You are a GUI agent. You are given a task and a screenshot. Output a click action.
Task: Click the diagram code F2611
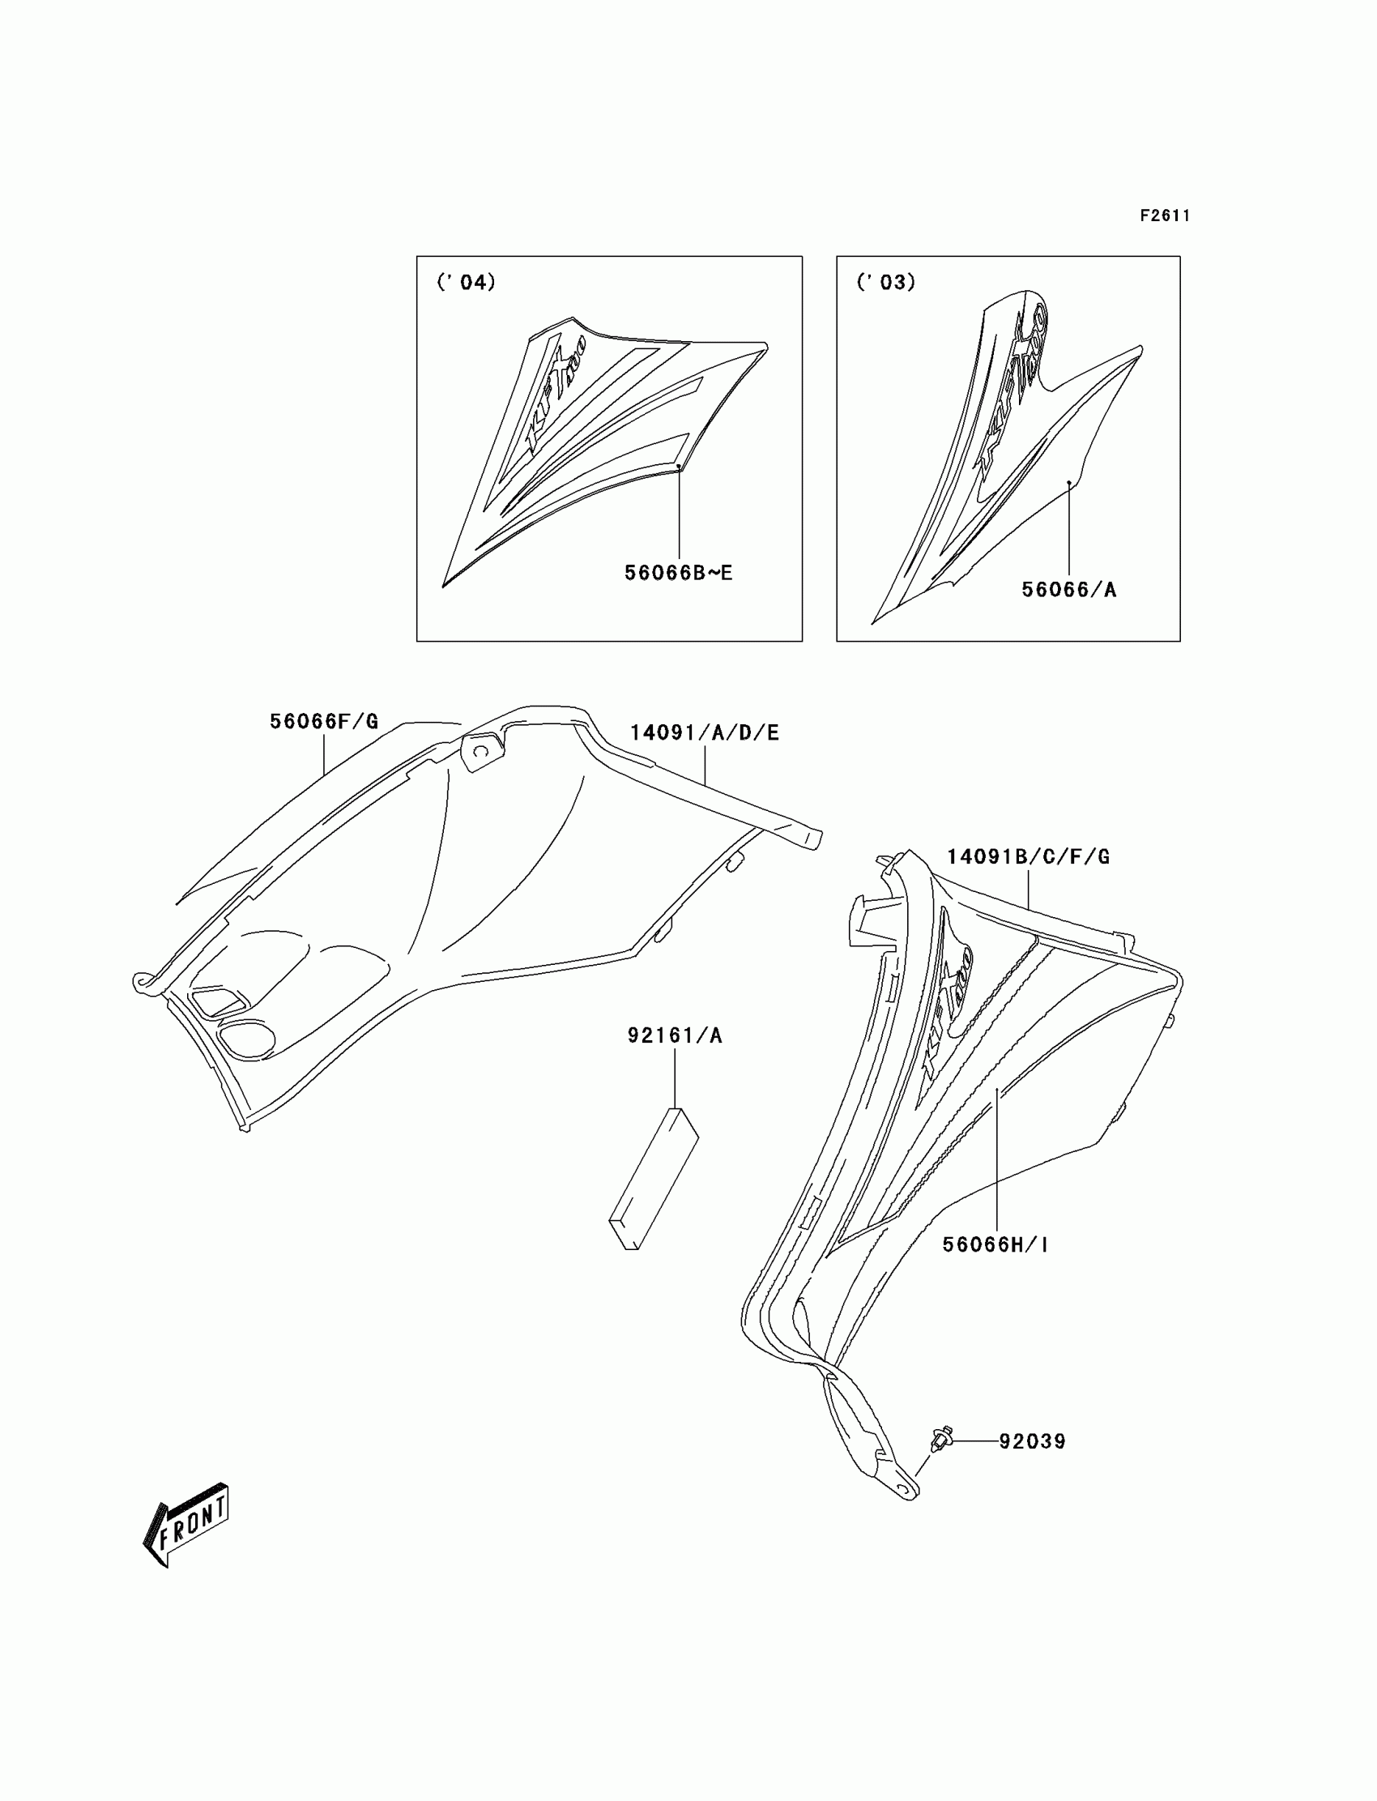(1165, 216)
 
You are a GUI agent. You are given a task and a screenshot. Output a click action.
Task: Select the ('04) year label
(467, 282)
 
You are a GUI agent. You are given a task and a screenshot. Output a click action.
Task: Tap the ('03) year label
(886, 282)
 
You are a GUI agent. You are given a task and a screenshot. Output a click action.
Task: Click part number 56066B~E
(679, 573)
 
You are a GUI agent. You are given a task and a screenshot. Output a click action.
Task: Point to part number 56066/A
(1069, 590)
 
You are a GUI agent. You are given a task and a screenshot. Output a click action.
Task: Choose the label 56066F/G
(325, 721)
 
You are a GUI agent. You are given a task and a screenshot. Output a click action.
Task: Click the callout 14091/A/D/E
(705, 733)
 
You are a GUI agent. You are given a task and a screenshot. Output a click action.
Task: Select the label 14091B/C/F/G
(1029, 856)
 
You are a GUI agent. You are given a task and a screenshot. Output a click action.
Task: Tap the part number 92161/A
(676, 1035)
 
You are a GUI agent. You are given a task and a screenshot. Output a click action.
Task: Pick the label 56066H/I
(995, 1244)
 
